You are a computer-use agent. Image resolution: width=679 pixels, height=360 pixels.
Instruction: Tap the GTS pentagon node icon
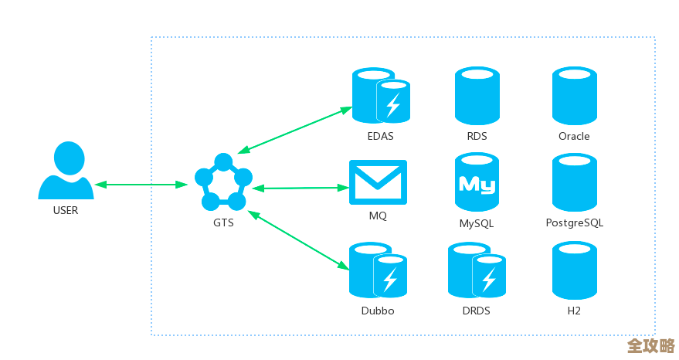[223, 183]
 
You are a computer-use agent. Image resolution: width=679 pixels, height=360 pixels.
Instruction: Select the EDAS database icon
[380, 96]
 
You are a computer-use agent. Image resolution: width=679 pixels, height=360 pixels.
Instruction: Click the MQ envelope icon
[378, 182]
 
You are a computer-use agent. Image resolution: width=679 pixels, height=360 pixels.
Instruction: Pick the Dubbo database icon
[378, 270]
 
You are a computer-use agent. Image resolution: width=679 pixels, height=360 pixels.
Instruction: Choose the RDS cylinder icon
[477, 96]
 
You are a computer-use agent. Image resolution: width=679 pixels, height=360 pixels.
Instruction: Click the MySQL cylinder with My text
[477, 182]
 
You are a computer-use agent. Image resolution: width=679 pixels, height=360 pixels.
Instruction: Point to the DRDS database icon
[477, 270]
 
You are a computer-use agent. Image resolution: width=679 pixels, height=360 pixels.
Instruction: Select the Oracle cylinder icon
[574, 96]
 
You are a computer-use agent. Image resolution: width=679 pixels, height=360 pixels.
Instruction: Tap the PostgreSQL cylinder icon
[574, 182]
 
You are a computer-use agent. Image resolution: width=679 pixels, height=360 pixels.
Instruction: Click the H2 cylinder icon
[574, 270]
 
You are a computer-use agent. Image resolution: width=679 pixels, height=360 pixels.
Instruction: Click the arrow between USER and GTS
[144, 185]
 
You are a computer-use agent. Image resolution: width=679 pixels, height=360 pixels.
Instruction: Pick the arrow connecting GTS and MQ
[300, 188]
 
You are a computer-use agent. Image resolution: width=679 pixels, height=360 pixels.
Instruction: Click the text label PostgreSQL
[574, 223]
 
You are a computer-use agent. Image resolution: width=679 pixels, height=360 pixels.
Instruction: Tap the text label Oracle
[574, 137]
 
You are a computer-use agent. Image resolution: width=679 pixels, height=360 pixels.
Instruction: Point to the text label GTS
[223, 223]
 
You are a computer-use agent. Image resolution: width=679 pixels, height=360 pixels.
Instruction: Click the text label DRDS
[477, 311]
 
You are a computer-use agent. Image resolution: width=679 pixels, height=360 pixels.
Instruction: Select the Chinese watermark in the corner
[650, 345]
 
